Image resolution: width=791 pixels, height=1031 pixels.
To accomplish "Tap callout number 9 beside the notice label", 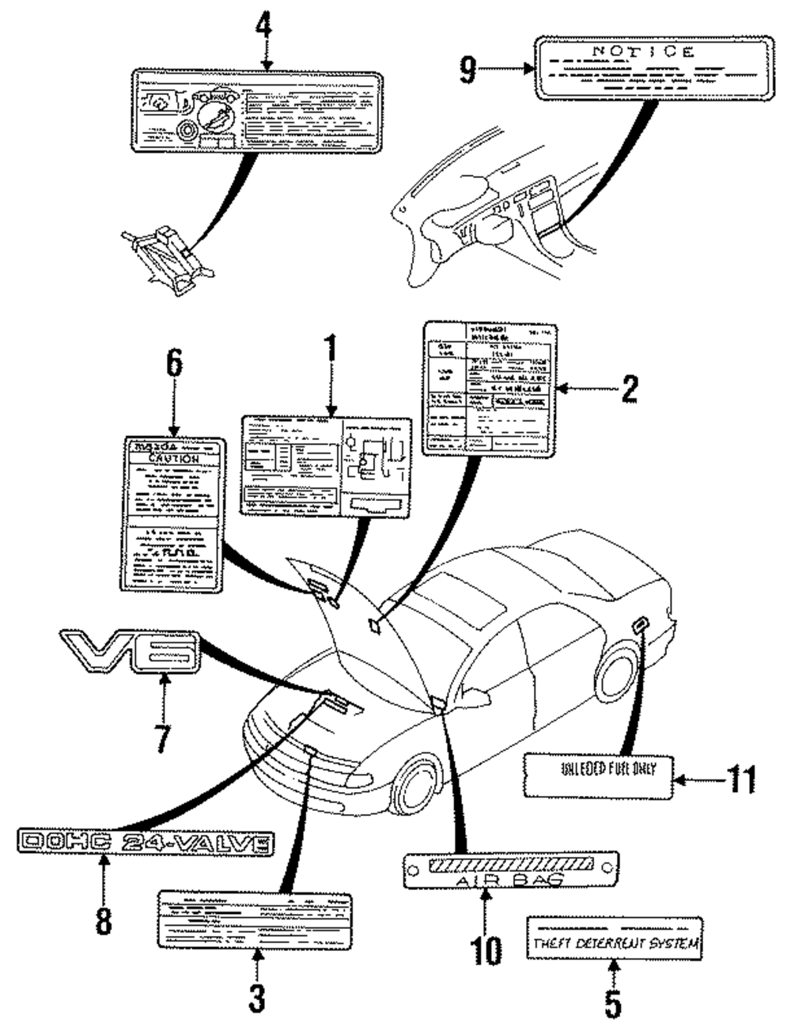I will pos(470,70).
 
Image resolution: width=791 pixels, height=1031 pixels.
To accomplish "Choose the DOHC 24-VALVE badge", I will pos(146,843).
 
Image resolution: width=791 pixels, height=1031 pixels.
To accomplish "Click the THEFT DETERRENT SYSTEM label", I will pos(615,942).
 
